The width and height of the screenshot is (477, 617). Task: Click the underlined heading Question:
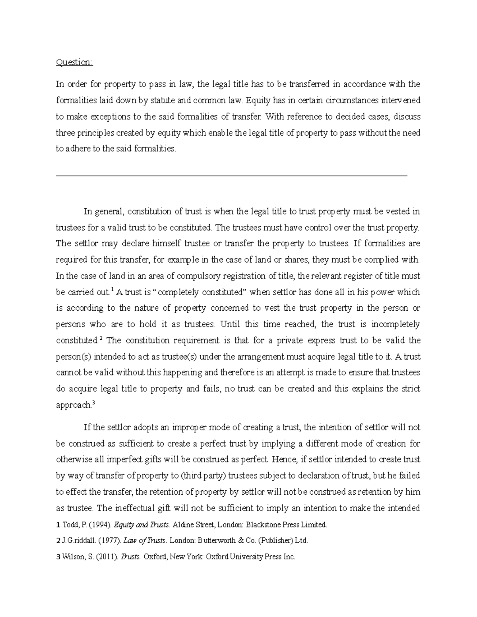click(x=74, y=62)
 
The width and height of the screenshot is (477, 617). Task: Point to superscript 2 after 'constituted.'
click(x=101, y=338)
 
